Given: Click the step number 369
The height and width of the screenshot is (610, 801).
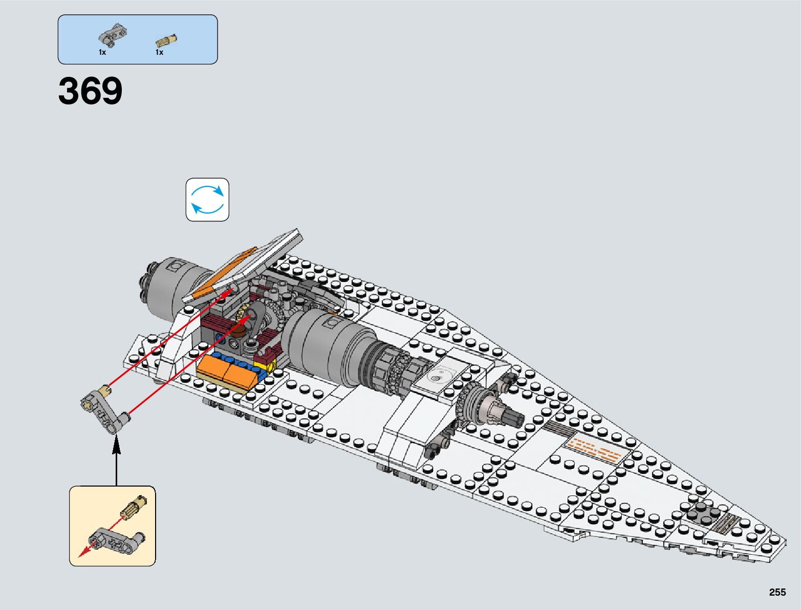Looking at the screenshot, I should [91, 91].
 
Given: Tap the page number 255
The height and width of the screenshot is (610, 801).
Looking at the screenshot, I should [777, 593].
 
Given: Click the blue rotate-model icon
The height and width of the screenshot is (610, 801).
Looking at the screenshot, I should [207, 200].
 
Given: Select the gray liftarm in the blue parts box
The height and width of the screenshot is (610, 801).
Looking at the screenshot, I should [112, 35].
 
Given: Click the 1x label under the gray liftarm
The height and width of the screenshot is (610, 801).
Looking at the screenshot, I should [102, 52].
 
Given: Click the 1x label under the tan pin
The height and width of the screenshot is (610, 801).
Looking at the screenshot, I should [159, 52].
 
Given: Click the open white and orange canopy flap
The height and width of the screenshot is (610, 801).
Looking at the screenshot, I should [246, 266].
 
